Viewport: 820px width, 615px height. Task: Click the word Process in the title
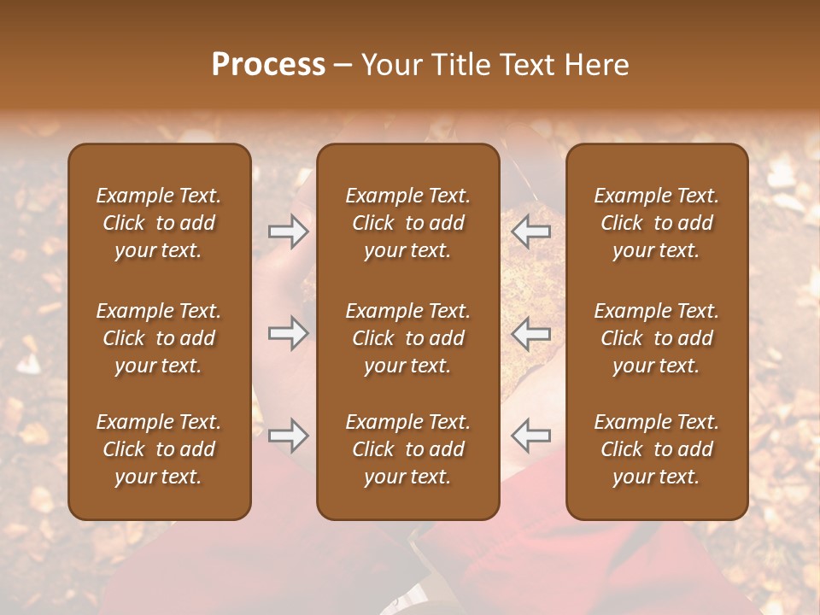(268, 65)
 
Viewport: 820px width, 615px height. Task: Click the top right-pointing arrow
(289, 231)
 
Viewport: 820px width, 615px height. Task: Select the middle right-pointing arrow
(289, 333)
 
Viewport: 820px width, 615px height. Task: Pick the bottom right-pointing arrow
(289, 436)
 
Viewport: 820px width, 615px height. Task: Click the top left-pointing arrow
(530, 231)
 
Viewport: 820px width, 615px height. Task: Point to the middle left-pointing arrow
(530, 333)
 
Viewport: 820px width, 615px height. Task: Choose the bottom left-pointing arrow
(530, 436)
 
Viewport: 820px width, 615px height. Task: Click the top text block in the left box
(159, 223)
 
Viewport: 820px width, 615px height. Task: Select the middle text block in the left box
(159, 338)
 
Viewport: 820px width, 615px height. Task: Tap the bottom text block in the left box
(159, 449)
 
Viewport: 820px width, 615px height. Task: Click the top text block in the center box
(407, 223)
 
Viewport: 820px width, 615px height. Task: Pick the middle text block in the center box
(407, 338)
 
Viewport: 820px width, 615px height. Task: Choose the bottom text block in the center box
(407, 449)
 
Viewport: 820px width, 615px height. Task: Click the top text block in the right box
(656, 223)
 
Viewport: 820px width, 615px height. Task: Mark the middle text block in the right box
(656, 338)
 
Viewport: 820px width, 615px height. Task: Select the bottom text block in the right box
(656, 449)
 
